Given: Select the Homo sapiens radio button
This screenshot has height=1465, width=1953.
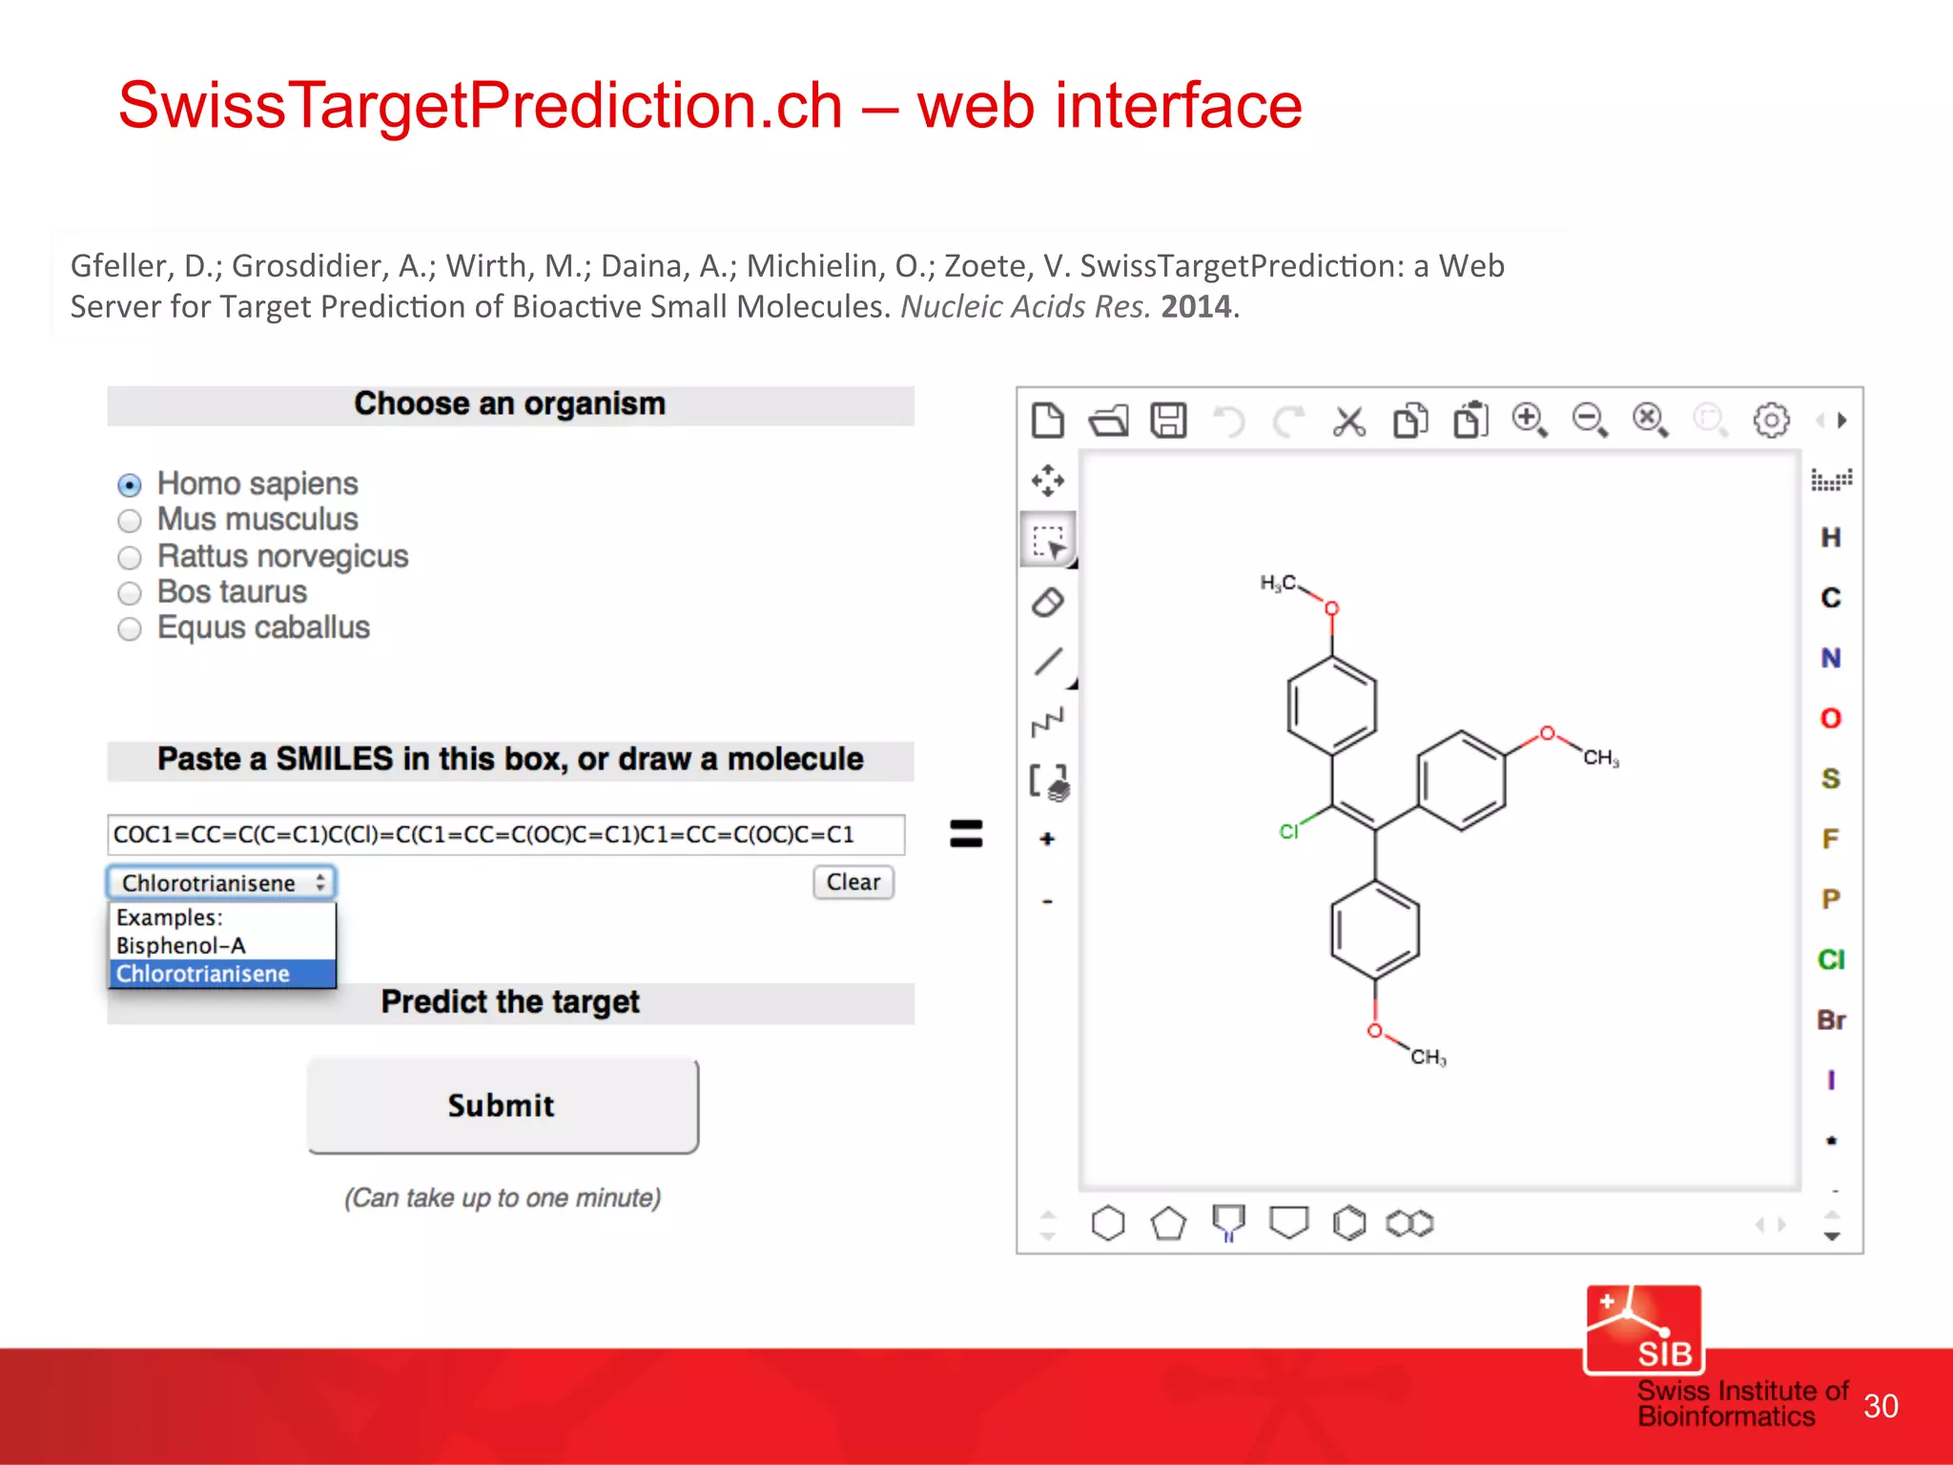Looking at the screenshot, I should (130, 485).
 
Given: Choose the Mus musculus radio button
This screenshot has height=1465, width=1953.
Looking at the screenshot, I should (130, 521).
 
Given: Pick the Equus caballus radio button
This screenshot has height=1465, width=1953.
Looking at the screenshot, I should (130, 629).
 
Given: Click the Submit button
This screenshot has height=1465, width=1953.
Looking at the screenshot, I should (503, 1105).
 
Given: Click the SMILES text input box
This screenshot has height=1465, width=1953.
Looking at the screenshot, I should (505, 835).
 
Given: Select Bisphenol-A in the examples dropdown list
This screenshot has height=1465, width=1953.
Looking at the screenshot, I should (181, 945).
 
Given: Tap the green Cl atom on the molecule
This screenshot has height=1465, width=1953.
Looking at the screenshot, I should (1288, 832).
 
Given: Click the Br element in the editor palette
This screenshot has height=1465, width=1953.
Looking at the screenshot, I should (1831, 1021).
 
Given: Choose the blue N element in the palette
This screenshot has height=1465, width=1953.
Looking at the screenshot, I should (1831, 658).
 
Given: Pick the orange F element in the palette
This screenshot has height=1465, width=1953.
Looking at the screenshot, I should (1831, 839).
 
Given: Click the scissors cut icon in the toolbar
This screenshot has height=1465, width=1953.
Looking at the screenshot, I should (1349, 421).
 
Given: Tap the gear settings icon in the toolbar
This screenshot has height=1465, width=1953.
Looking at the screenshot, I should (1771, 421).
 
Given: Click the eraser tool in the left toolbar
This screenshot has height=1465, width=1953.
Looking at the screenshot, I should (1048, 603).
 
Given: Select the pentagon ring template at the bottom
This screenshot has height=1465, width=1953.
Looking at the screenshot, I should (1168, 1223).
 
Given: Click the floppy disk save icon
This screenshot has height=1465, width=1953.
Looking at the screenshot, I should (1168, 421).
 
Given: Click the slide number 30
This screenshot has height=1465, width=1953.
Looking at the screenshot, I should (1881, 1406).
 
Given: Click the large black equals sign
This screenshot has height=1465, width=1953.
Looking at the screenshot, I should (966, 834).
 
